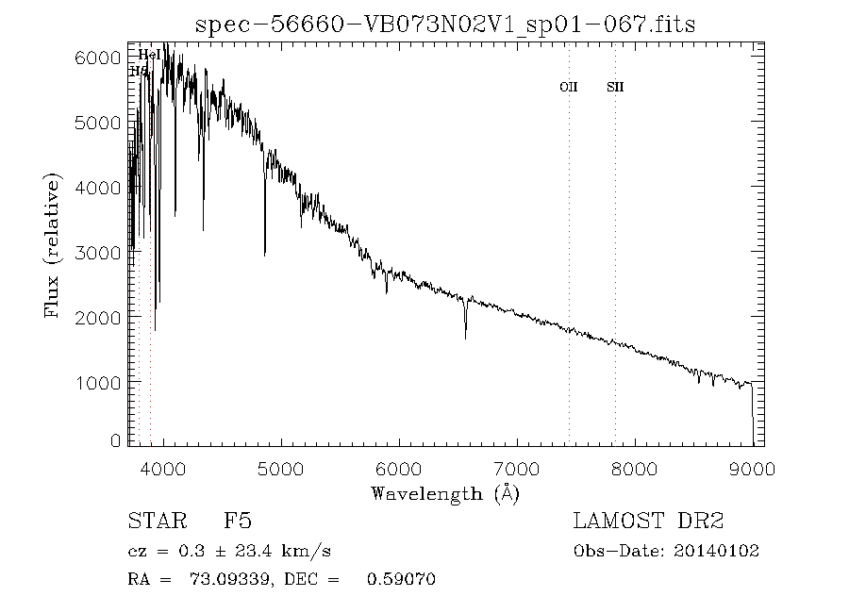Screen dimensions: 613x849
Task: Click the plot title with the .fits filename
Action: (x=445, y=24)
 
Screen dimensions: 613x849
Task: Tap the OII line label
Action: (x=569, y=87)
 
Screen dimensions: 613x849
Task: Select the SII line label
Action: (x=615, y=87)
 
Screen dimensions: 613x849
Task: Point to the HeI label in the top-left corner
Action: (x=148, y=56)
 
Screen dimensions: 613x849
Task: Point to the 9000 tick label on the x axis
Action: (x=752, y=469)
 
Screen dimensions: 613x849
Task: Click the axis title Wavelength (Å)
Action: (x=445, y=493)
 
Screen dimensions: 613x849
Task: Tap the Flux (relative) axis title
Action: (x=53, y=245)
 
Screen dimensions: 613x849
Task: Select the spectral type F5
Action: (x=237, y=522)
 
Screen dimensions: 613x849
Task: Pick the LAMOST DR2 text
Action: (x=648, y=522)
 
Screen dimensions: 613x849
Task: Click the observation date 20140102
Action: (x=716, y=551)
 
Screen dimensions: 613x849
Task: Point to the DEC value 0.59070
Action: (x=401, y=579)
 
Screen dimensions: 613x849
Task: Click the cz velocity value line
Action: (x=229, y=551)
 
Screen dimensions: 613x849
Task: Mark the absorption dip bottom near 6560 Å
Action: (x=465, y=337)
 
